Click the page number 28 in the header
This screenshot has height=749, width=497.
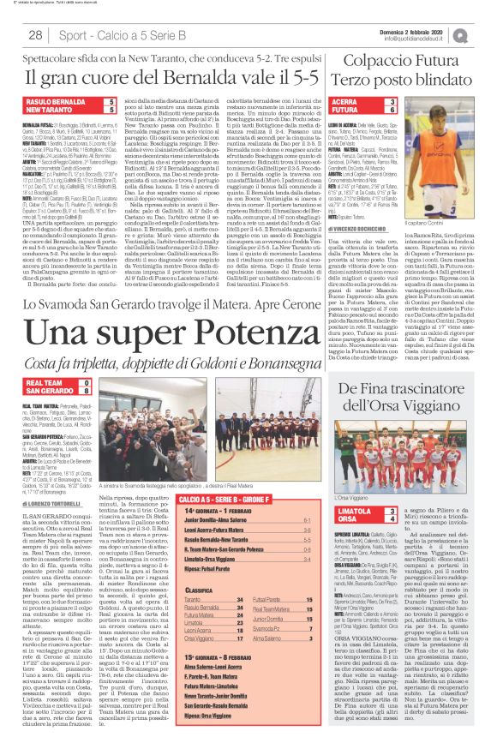tap(36, 35)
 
